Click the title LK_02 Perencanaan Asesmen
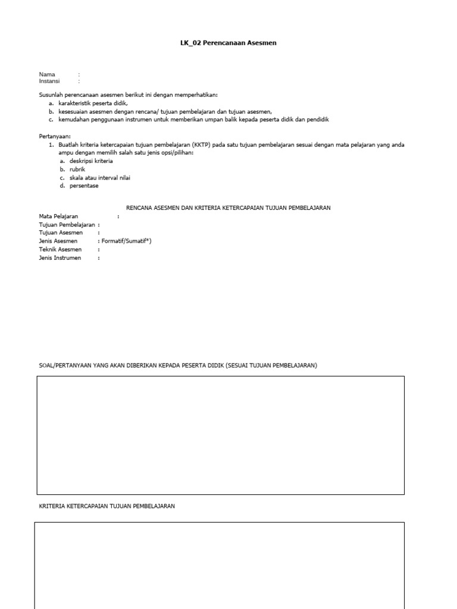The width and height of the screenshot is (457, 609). [228, 43]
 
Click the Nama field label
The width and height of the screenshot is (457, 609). [47, 74]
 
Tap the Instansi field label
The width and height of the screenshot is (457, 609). [49, 81]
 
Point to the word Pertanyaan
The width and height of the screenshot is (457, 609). [55, 136]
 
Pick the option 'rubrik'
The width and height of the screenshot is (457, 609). [77, 169]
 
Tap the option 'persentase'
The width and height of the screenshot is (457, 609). [84, 186]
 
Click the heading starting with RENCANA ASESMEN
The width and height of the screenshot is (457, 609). [228, 208]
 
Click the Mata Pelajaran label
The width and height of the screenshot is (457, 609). [58, 216]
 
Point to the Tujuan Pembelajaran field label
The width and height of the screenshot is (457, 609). [67, 225]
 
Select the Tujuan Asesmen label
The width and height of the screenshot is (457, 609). [61, 233]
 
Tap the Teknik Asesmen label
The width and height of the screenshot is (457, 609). [60, 250]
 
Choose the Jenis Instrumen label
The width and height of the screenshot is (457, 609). [60, 258]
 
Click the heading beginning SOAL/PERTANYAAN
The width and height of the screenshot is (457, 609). [178, 365]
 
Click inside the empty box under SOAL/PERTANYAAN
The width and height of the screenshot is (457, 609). [220, 435]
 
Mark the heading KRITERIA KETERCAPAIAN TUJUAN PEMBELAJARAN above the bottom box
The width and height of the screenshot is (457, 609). [107, 506]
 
